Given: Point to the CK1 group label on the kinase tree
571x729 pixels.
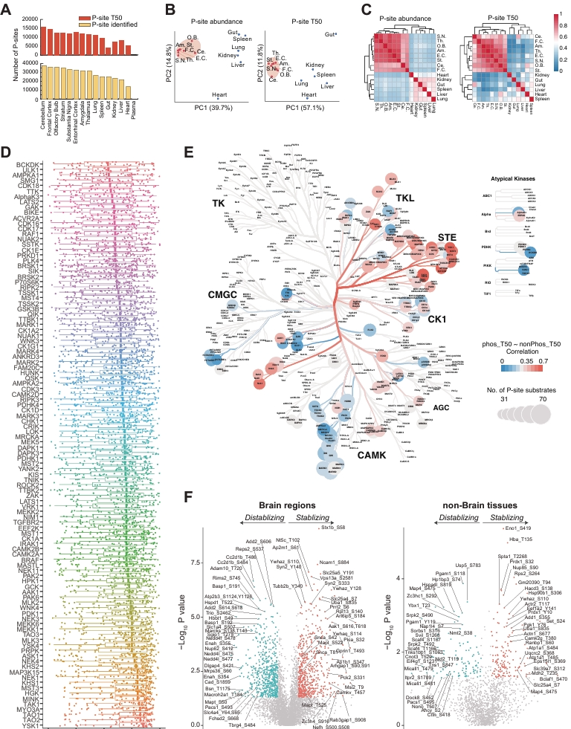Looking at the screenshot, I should click(436, 319).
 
